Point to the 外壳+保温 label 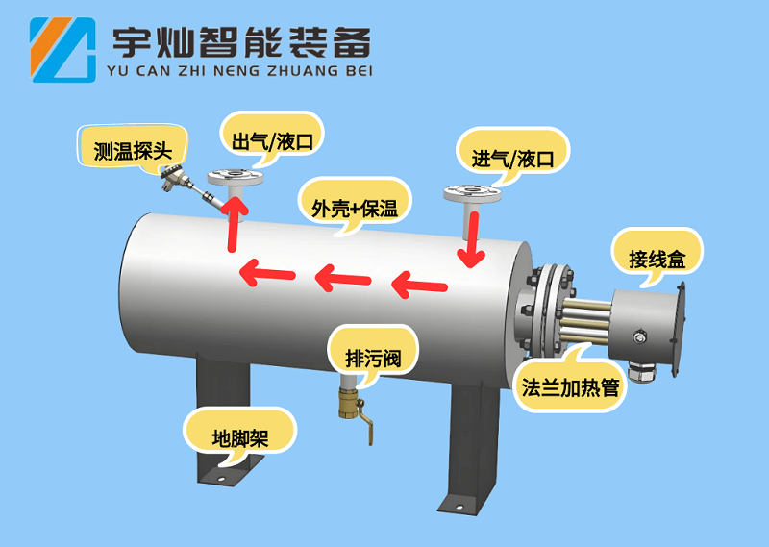point(355,206)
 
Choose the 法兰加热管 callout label point(569,387)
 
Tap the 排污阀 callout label point(372,360)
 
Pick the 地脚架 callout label point(239,438)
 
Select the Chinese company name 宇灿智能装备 point(241,40)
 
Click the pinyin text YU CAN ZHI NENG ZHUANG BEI point(241,70)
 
